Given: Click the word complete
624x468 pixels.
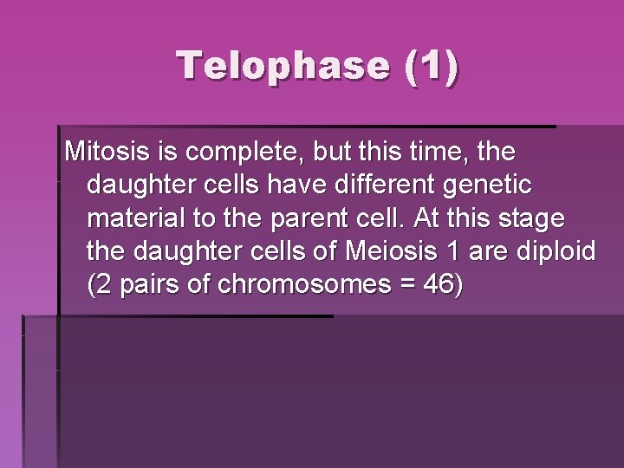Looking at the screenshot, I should pos(229,153).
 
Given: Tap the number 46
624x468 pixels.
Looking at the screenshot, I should pos(435,284).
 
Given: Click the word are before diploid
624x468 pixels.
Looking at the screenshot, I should pos(489,251).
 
